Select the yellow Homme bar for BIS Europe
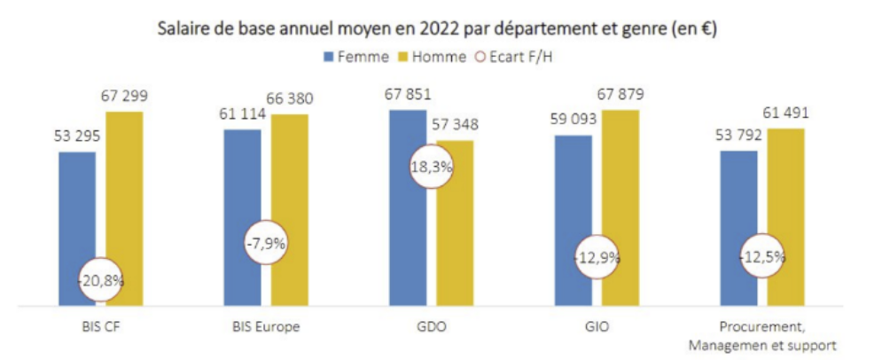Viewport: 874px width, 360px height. [289, 210]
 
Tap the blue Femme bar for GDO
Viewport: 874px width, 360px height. [408, 207]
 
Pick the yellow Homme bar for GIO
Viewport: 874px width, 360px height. [620, 207]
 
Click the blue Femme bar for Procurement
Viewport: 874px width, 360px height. [738, 229]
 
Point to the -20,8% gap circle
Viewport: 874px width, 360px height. [100, 279]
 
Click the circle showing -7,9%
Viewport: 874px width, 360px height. [267, 243]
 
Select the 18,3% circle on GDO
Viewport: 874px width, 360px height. [432, 167]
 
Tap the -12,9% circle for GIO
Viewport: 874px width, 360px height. [597, 257]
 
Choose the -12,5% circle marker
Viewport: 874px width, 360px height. [762, 256]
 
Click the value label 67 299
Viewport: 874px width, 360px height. [124, 96]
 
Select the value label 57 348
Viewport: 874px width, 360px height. [455, 124]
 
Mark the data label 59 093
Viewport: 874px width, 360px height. [574, 118]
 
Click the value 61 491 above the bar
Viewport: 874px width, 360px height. [785, 113]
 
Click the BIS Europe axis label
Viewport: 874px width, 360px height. [266, 326]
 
